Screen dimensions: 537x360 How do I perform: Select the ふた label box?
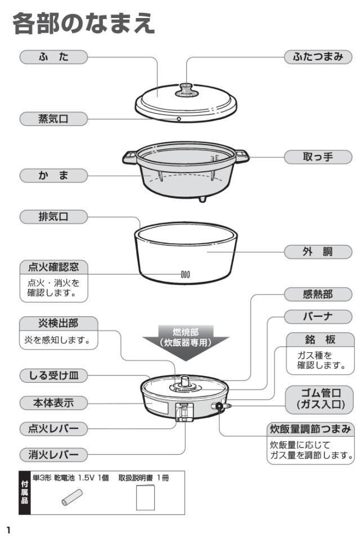coord(53,57)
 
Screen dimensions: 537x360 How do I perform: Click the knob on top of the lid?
coord(186,88)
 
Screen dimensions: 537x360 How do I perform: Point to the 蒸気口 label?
coord(53,119)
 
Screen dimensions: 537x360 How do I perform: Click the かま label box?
coord(53,176)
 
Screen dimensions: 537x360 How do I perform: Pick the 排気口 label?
coord(53,216)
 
